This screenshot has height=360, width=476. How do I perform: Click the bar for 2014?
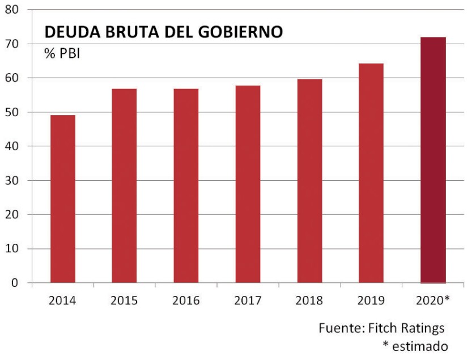(x=63, y=198)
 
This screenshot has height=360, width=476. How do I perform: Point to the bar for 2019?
(x=371, y=173)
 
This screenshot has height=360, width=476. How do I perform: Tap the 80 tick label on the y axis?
(x=12, y=10)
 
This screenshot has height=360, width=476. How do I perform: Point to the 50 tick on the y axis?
(x=12, y=112)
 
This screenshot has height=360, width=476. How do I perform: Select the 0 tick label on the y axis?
(x=16, y=283)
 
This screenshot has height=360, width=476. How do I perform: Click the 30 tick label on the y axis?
(x=12, y=181)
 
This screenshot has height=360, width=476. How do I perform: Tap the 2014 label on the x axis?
(x=62, y=300)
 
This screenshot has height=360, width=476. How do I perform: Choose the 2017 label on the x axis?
(x=248, y=300)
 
